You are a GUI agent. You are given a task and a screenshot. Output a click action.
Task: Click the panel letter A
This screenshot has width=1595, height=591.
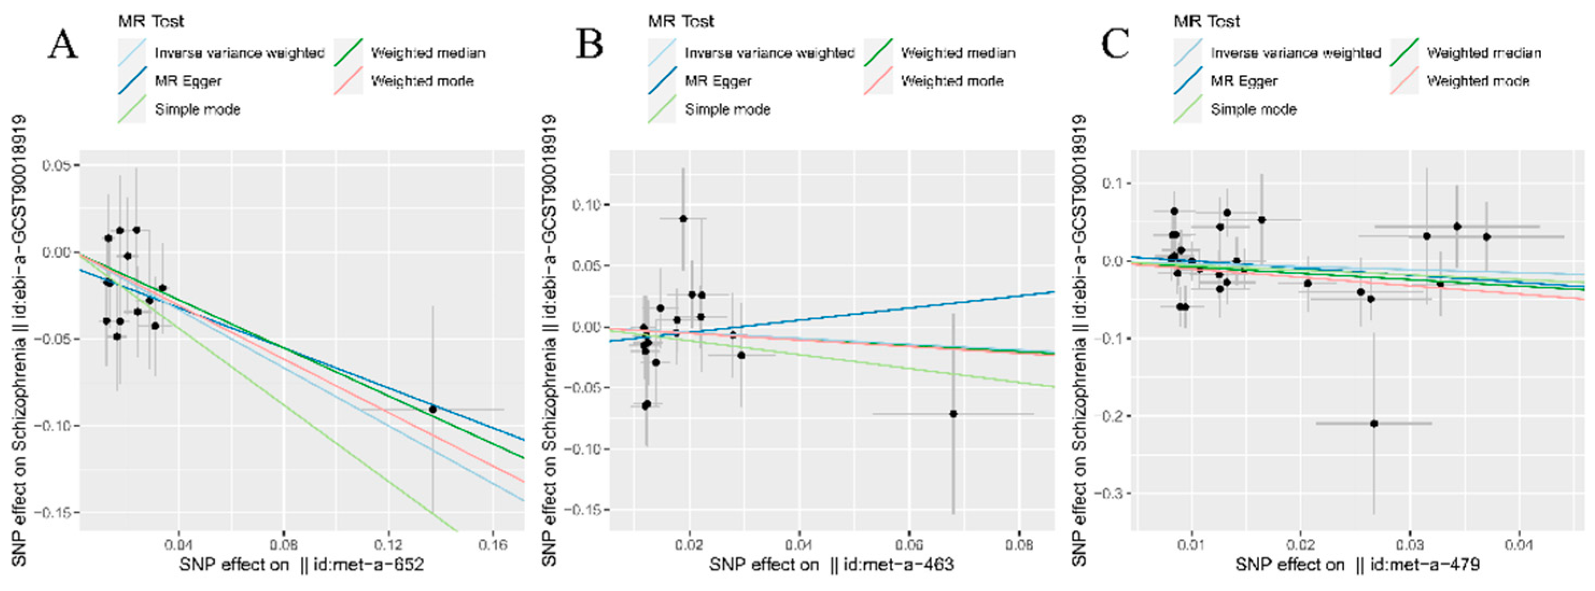(63, 45)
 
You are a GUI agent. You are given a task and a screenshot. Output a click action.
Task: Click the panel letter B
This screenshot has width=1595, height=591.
(589, 45)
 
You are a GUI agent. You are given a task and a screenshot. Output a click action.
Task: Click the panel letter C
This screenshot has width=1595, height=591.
(1115, 45)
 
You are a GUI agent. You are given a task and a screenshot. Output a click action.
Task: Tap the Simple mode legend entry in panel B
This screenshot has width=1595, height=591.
(727, 110)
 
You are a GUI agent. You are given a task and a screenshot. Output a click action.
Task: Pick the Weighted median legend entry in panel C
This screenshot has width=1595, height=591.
(1484, 53)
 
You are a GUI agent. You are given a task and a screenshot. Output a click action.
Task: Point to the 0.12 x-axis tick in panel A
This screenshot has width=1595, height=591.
(388, 545)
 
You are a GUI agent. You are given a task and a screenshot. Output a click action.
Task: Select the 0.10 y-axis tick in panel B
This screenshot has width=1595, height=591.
(585, 205)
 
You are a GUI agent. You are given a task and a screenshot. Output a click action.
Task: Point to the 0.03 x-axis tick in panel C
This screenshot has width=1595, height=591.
(1410, 545)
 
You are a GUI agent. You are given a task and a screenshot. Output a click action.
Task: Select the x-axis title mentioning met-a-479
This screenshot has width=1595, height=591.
(1357, 565)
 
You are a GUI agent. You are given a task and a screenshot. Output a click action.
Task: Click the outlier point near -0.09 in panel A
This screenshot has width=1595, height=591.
(433, 410)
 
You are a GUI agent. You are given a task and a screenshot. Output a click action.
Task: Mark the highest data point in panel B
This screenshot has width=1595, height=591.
(683, 219)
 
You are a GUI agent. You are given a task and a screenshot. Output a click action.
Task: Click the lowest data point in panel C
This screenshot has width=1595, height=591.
(1374, 424)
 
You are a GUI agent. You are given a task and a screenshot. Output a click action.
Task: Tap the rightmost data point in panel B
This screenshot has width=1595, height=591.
(953, 414)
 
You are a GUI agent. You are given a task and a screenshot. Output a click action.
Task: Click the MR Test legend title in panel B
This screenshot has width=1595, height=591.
(681, 22)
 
